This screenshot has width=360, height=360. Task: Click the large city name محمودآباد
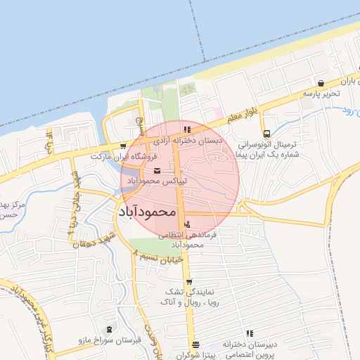pos(146,210)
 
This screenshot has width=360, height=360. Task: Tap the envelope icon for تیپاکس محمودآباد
pos(157,170)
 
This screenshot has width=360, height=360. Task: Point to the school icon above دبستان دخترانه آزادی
pos(186,129)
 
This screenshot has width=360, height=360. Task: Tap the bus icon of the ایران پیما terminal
pos(266,134)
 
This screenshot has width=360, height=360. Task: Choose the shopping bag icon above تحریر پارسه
pos(321,83)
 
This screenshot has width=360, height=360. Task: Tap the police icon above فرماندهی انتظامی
pos(186,224)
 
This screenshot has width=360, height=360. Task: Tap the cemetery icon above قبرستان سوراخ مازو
pos(108,329)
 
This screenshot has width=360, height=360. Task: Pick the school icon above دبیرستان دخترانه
pos(249,334)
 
